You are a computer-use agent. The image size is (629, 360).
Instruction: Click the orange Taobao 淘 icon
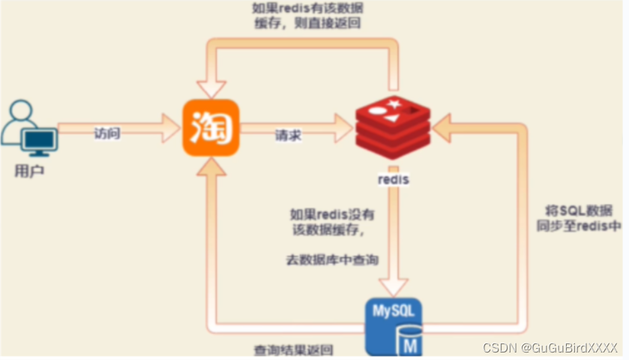211,128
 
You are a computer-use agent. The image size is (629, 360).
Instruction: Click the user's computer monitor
38,141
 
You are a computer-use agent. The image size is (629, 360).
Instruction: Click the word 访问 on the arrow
107,133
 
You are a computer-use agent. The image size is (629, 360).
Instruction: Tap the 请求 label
289,135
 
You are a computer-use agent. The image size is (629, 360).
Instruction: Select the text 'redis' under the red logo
394,181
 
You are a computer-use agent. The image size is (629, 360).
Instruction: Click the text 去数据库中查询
331,259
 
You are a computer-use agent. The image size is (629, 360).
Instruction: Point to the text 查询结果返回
294,350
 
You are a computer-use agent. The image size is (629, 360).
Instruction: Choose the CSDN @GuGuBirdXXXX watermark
550,348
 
